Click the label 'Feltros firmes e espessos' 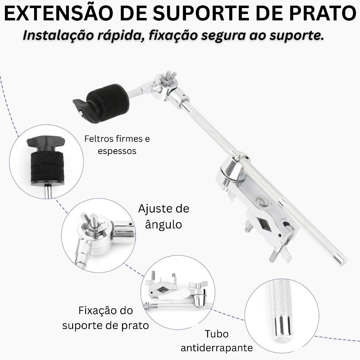click(x=117, y=144)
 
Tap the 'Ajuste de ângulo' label click(x=164, y=216)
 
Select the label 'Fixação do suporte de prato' click(x=105, y=318)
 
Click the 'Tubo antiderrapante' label click(x=217, y=341)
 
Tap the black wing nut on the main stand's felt click(x=81, y=108)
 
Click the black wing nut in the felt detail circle click(x=46, y=142)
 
